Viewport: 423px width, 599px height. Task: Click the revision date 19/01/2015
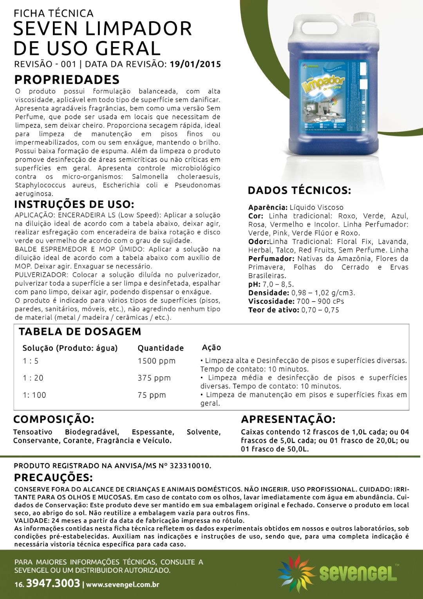point(195,64)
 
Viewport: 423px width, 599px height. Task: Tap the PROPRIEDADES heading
point(67,80)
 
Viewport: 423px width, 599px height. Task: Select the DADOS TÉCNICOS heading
point(299,191)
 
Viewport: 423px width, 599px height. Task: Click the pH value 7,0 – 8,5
point(278,284)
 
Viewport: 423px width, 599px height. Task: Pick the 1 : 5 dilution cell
point(31,361)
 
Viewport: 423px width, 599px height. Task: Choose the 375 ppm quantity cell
point(154,378)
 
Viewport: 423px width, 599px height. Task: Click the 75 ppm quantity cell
point(152,395)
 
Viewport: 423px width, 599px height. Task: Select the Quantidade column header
point(161,348)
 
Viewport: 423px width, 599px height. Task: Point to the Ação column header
point(211,348)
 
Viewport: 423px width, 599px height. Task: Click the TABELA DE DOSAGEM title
point(80,332)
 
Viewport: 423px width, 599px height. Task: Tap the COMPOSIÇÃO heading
point(54,419)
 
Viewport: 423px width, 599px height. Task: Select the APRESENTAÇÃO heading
point(288,419)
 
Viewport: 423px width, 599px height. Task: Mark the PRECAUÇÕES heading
point(53,477)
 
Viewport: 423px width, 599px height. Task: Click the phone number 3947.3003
point(53,583)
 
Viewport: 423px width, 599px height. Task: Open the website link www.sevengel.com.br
point(123,584)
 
